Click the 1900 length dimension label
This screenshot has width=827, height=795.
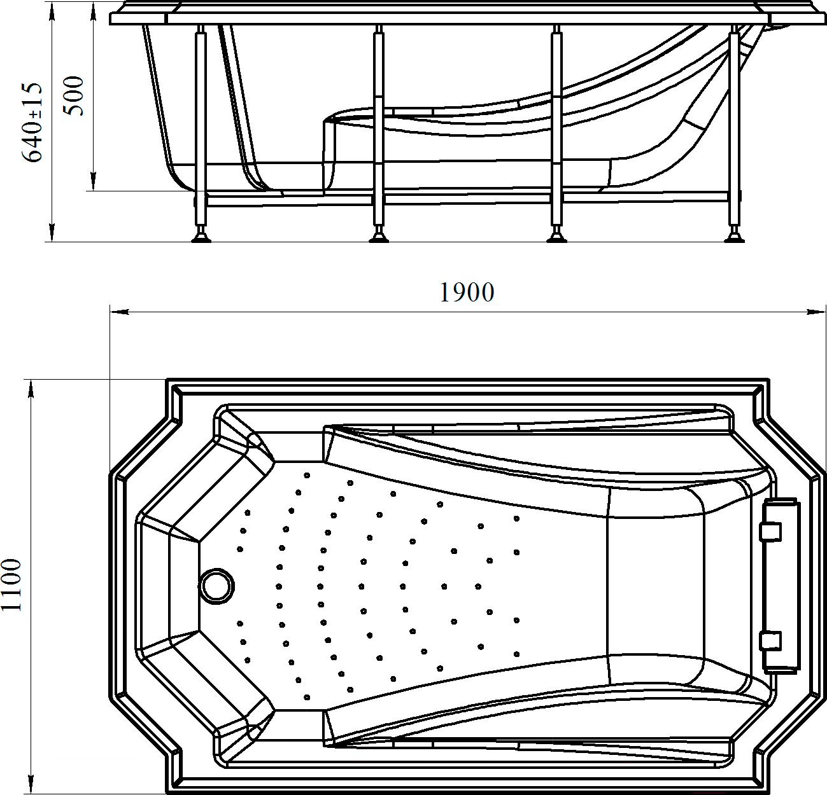tap(467, 292)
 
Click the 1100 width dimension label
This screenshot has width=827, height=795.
tap(11, 585)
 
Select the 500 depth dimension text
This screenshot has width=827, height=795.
tap(74, 96)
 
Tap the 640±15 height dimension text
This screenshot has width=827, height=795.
tap(32, 122)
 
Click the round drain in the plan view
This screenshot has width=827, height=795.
tap(216, 585)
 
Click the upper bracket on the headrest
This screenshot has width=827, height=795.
tap(770, 532)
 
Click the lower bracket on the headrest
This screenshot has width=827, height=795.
tap(770, 653)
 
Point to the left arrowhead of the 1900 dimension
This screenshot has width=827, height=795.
tap(120, 312)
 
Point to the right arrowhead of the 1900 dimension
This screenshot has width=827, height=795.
tap(816, 312)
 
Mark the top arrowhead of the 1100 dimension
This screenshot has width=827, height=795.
tap(31, 389)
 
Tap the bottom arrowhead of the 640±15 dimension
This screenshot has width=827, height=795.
tap(52, 233)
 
